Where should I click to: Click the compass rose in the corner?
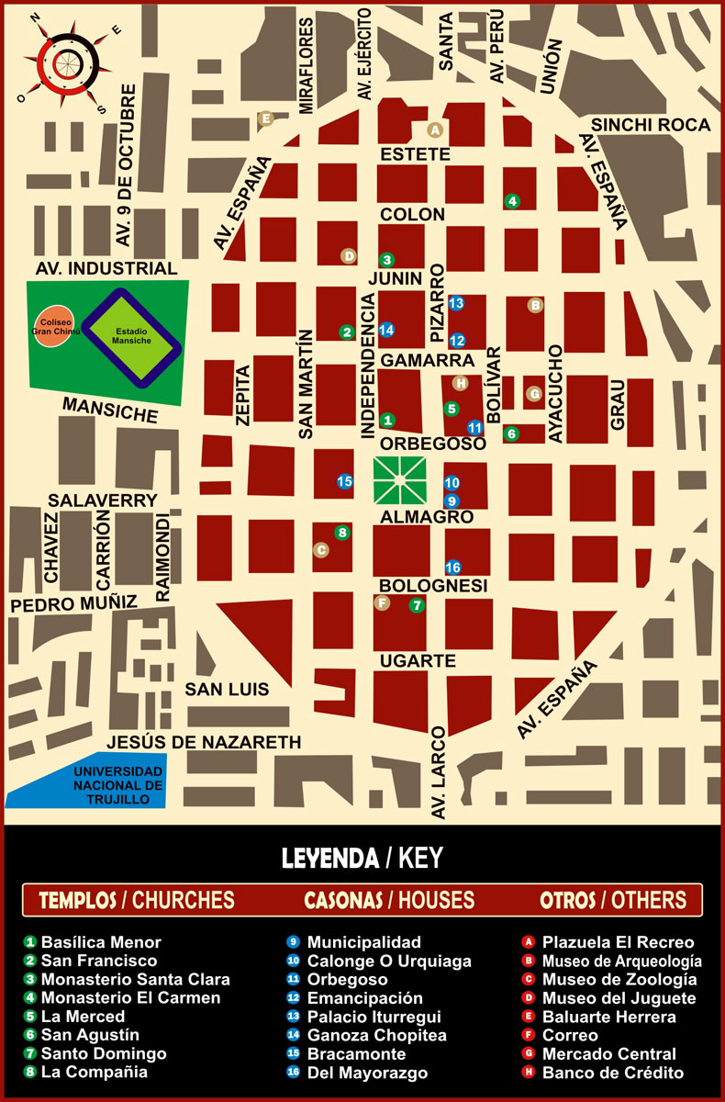tap(63, 62)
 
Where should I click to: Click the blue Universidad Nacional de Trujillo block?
tap(87, 784)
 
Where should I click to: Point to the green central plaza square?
tap(399, 478)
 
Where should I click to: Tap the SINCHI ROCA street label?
tap(651, 125)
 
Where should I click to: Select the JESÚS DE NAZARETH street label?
tap(203, 742)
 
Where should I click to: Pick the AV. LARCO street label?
tap(439, 771)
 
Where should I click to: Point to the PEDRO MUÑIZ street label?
tap(73, 603)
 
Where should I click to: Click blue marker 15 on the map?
tap(345, 480)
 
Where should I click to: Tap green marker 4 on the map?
tap(512, 201)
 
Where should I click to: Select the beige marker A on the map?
tap(436, 129)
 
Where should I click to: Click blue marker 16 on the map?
tap(452, 567)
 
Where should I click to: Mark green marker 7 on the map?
tap(417, 605)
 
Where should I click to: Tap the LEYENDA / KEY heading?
tap(362, 858)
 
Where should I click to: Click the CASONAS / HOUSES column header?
tap(389, 900)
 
